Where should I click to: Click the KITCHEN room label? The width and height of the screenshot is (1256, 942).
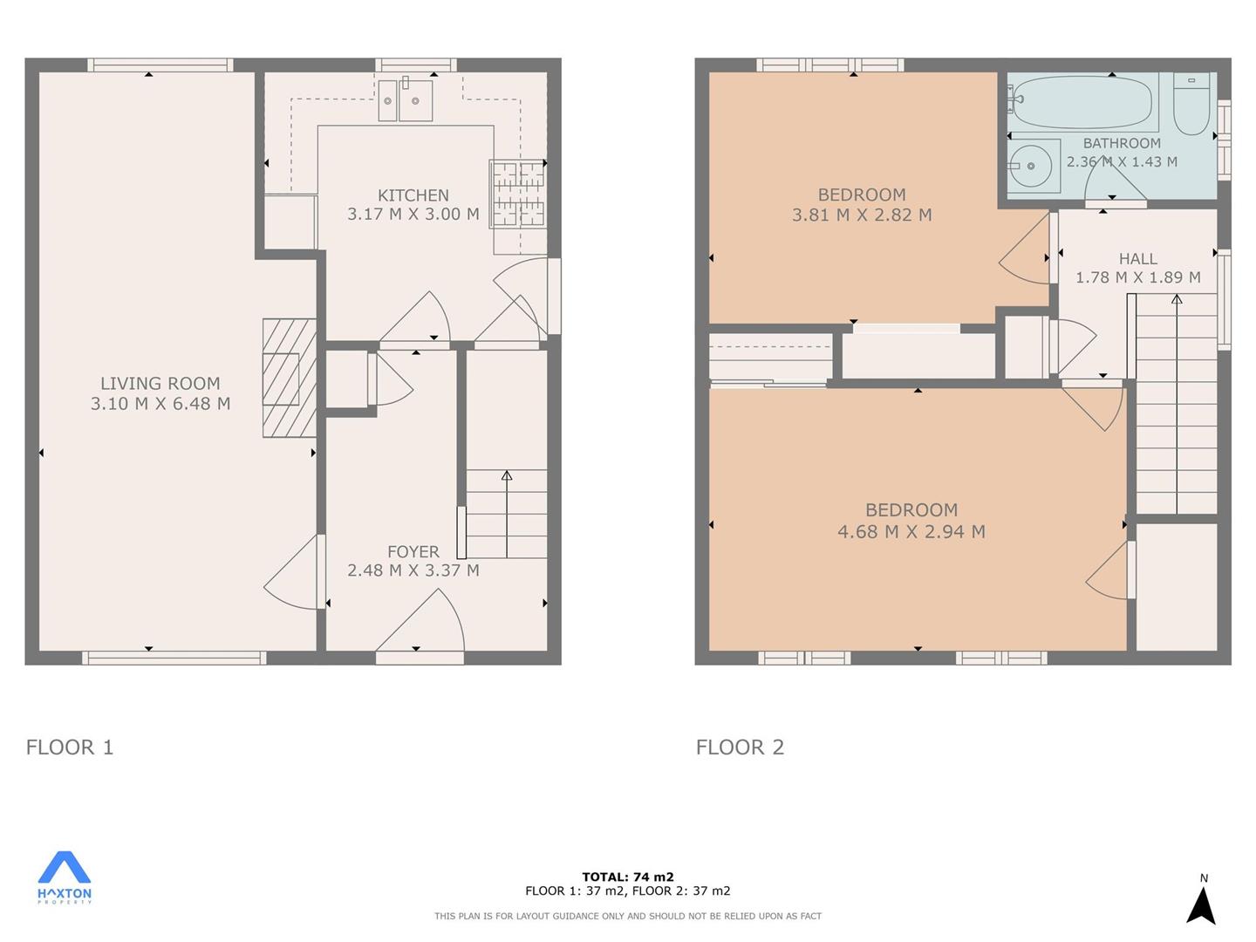[x=413, y=195]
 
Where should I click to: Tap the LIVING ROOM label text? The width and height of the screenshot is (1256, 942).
[x=160, y=383]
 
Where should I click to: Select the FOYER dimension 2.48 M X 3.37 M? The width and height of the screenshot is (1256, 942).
[x=413, y=570]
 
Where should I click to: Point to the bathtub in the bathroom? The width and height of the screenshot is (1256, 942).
[x=1082, y=101]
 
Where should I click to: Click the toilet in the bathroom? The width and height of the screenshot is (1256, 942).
[x=1191, y=103]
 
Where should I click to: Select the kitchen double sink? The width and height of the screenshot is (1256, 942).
[x=406, y=100]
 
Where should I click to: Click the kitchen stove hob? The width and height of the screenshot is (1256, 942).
[x=518, y=194]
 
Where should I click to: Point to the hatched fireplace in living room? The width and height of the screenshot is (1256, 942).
[x=290, y=378]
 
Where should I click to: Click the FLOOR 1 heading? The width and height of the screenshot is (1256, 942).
[x=70, y=747]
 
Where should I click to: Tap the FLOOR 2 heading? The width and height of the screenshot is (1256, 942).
[x=740, y=747]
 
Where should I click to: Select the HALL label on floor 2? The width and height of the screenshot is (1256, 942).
[x=1138, y=259]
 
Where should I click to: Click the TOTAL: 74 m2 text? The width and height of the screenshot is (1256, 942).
[x=628, y=877]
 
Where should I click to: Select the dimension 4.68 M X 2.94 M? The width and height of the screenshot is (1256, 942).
[x=911, y=532]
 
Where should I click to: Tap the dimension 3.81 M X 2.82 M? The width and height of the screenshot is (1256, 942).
[x=862, y=215]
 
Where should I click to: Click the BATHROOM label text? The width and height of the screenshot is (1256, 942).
[x=1122, y=143]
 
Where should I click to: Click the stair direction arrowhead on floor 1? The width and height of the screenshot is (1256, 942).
[x=507, y=475]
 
